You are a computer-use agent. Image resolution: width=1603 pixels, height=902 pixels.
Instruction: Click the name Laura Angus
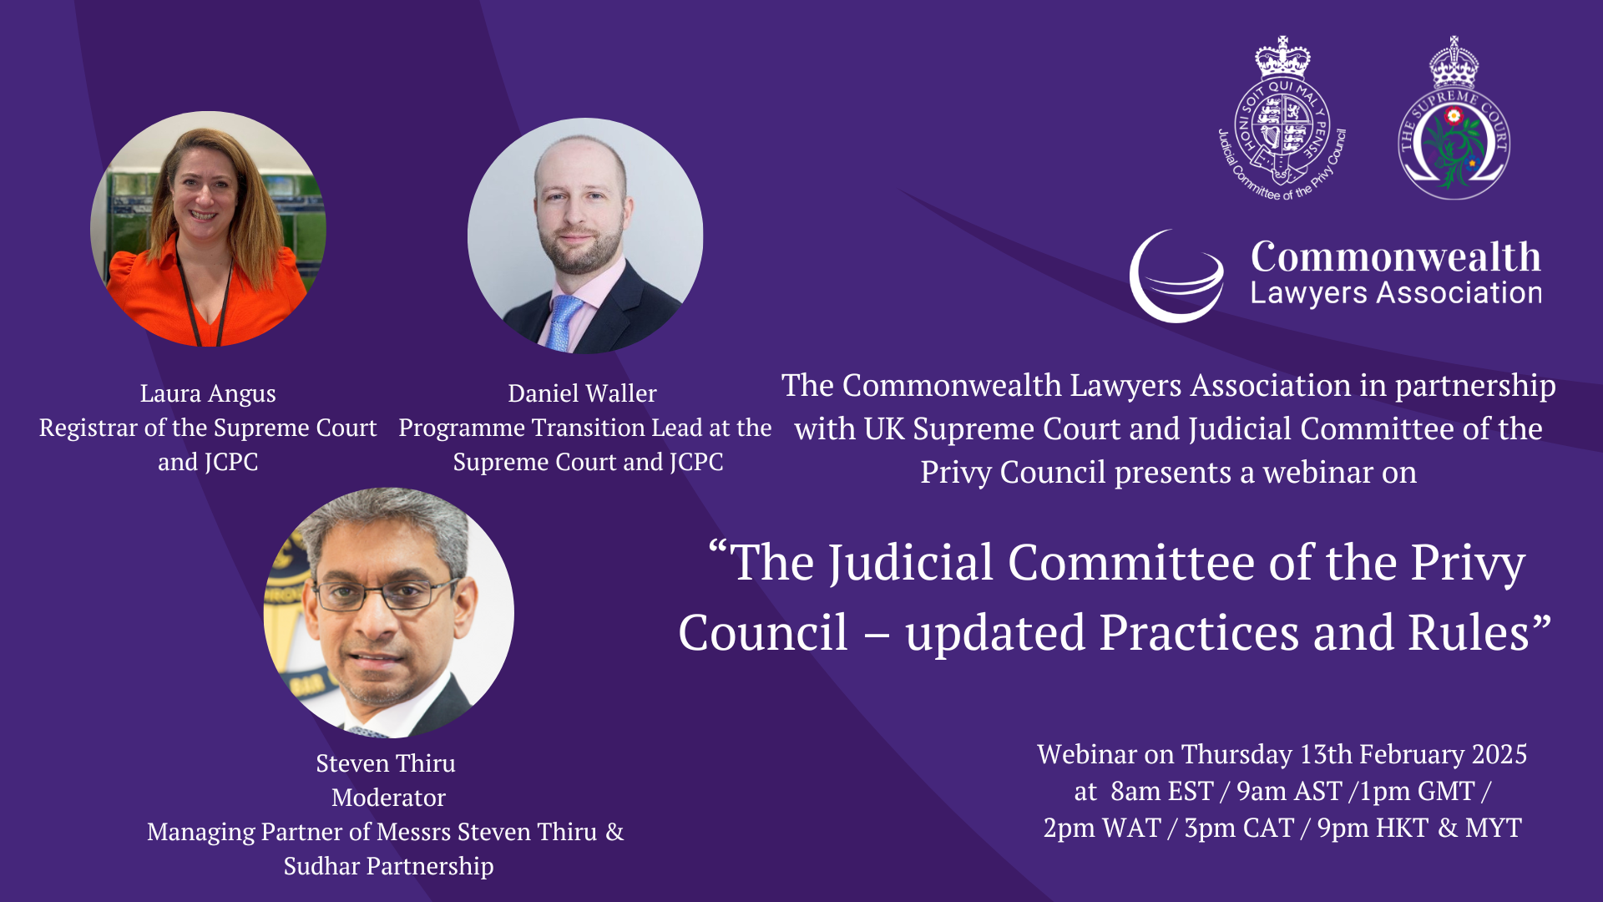click(x=208, y=393)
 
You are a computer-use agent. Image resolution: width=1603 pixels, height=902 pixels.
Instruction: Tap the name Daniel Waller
click(x=582, y=393)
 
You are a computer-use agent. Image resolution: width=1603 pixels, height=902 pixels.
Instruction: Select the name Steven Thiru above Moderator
click(x=386, y=763)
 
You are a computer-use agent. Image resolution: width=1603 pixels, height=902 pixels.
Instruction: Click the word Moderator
click(x=388, y=798)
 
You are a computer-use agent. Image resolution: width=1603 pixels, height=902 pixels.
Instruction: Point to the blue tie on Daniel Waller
click(x=564, y=322)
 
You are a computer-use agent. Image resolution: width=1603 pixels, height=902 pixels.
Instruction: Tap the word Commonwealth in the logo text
click(x=1396, y=256)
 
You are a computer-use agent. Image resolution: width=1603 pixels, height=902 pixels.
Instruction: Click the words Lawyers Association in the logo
click(x=1396, y=293)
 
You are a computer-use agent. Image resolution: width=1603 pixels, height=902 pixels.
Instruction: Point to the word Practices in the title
click(x=1199, y=632)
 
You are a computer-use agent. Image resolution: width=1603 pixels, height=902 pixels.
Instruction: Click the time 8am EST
click(x=1162, y=791)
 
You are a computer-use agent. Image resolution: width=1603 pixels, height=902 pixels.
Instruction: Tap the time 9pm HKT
click(x=1373, y=828)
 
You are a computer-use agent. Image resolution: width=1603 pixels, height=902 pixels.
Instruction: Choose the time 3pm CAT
click(x=1239, y=828)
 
